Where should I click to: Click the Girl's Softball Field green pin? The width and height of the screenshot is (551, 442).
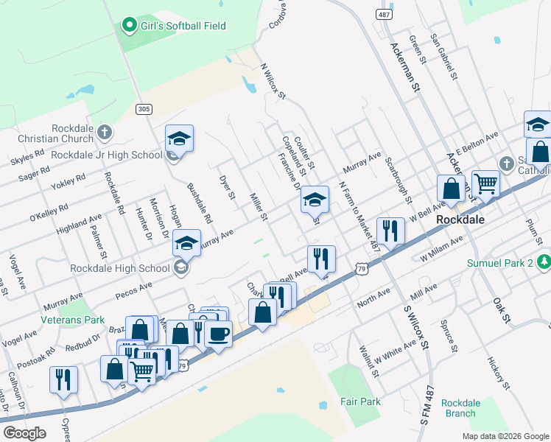(130, 26)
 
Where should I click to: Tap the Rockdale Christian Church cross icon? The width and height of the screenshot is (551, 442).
(104, 133)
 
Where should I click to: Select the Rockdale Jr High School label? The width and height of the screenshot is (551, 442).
(106, 155)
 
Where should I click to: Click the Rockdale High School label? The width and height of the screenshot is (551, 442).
(119, 267)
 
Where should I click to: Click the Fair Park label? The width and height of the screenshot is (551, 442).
(360, 401)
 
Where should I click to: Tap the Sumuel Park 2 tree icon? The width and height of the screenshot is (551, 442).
(543, 262)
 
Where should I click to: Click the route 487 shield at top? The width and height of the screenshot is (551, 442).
(383, 14)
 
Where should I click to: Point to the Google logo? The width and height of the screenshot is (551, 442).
(24, 433)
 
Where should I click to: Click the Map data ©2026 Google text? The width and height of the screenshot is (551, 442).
(505, 436)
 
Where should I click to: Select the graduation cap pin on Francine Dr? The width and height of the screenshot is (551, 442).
(315, 199)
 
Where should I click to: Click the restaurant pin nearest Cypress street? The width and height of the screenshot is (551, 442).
(63, 379)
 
